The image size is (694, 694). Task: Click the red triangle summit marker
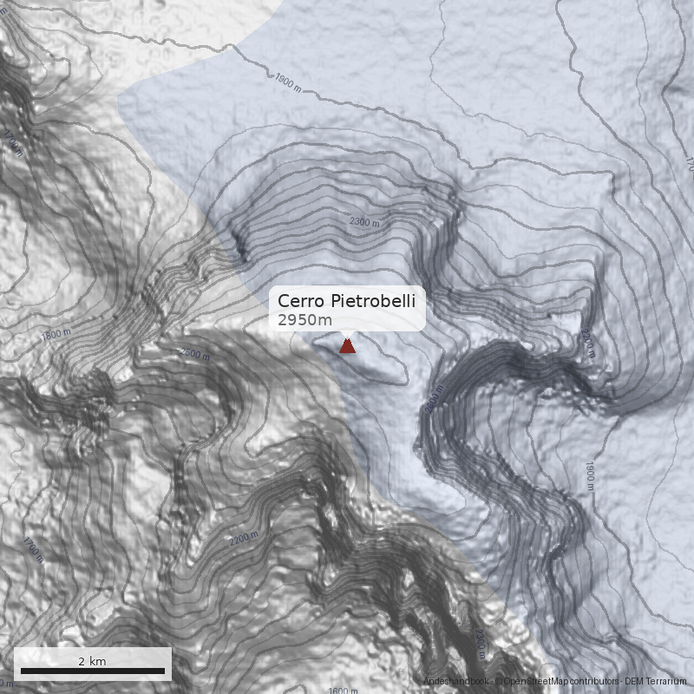[x=347, y=346]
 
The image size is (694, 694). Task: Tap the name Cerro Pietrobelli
[x=346, y=301]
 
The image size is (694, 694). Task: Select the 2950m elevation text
[x=304, y=320]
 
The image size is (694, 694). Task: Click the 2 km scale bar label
[x=92, y=661]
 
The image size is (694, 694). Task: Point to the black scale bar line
[x=92, y=671]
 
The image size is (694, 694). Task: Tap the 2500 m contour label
[x=195, y=353]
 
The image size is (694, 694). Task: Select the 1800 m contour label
[x=56, y=334]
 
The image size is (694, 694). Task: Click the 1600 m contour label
[x=343, y=691]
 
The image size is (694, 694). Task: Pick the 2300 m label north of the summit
[x=364, y=222]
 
